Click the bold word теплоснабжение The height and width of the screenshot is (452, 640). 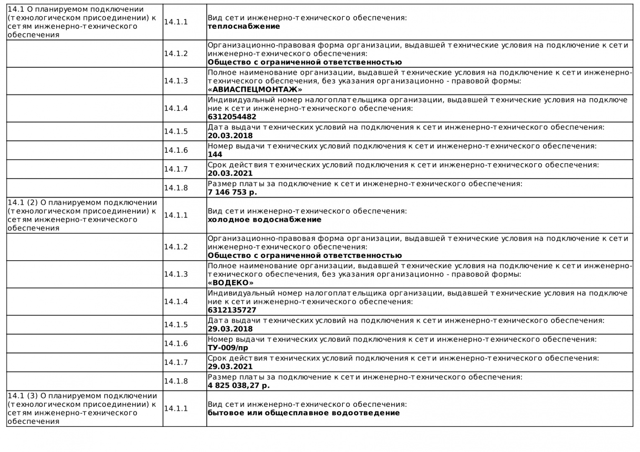[x=244, y=26]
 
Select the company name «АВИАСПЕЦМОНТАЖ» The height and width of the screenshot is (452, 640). [x=254, y=90]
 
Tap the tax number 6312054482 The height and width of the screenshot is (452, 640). [x=232, y=117]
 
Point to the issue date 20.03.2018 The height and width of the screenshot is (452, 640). [x=230, y=136]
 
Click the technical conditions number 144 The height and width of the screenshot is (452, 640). [x=215, y=154]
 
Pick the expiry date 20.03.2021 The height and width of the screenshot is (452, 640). [x=230, y=173]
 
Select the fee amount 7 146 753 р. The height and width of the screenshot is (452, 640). [x=232, y=193]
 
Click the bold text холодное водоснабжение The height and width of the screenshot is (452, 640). [x=265, y=220]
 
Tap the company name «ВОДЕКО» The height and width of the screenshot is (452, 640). [x=231, y=283]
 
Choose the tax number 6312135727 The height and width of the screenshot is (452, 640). [x=232, y=310]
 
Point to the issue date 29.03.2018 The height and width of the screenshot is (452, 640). [x=230, y=329]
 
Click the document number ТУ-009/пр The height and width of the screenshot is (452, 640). [x=228, y=348]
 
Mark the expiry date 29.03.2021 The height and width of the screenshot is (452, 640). [x=230, y=367]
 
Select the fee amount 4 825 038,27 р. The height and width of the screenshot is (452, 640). [x=239, y=385]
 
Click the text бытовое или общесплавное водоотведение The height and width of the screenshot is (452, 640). [x=303, y=413]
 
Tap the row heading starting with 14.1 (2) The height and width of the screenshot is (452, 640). [x=82, y=215]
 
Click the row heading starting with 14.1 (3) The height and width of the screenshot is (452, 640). [x=82, y=408]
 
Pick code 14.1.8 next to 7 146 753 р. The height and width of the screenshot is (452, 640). [x=176, y=188]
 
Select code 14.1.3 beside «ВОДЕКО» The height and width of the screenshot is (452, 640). [x=176, y=274]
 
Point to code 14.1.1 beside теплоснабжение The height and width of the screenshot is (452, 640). [x=176, y=22]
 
